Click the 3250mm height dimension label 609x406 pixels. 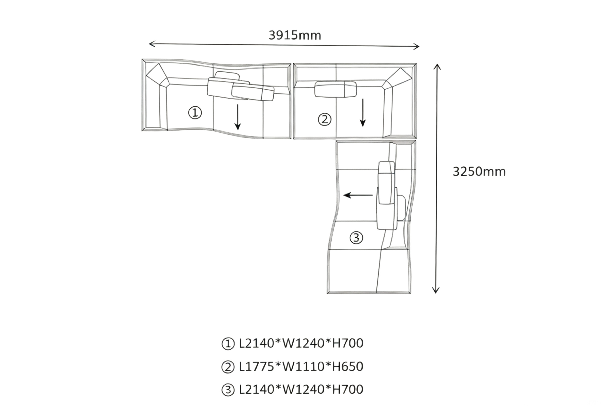tap(479, 172)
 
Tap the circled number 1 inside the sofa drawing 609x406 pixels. tap(195, 113)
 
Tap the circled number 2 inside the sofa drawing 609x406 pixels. tap(324, 119)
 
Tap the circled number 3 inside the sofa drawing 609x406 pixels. tap(356, 238)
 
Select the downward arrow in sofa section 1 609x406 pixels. tap(237, 117)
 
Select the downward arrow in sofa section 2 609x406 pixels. tap(363, 113)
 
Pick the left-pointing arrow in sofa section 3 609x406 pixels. tap(358, 195)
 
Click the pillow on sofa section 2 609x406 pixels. tap(336, 89)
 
